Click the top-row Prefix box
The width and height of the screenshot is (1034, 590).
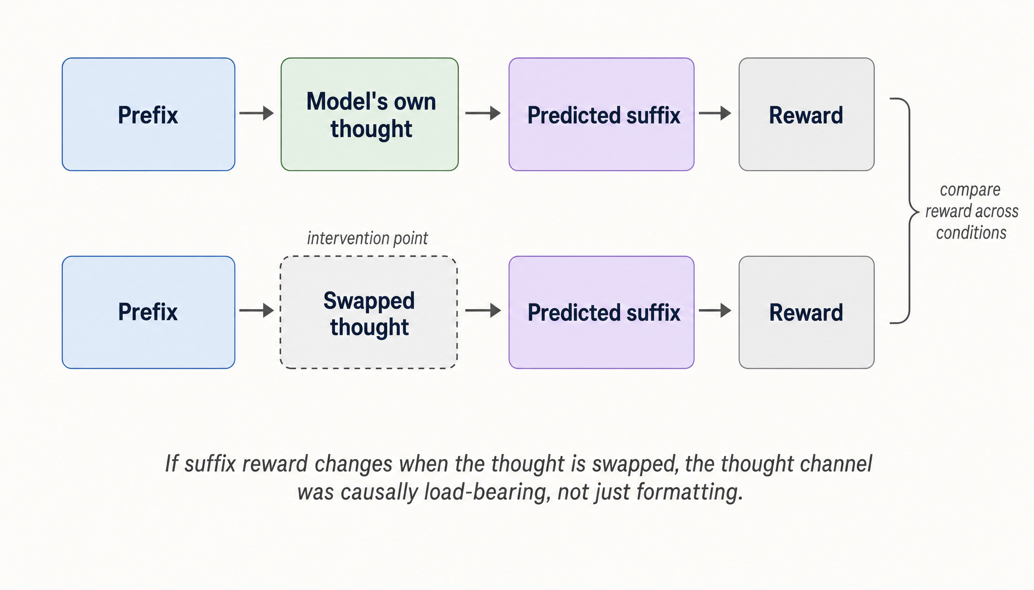tap(148, 114)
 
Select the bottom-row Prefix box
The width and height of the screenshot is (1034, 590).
tap(148, 312)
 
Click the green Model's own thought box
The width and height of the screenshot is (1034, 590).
tap(370, 114)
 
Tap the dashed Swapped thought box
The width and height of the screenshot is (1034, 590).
tap(369, 312)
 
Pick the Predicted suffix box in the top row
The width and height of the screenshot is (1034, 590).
tap(601, 114)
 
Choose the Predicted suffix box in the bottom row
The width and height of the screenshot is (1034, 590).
tap(601, 312)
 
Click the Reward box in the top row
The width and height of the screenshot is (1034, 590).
tap(806, 114)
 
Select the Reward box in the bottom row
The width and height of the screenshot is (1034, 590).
tap(806, 312)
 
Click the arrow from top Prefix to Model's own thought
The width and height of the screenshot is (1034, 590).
tap(256, 113)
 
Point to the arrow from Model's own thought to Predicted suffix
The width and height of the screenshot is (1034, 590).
tap(483, 113)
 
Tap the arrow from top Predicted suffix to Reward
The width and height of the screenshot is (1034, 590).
tap(715, 113)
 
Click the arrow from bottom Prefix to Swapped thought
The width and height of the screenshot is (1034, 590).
tap(256, 310)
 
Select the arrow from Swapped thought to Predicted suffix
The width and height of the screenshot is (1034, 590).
tap(483, 310)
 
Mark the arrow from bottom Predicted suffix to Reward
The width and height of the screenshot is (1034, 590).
tap(715, 310)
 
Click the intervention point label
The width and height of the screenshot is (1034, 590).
tap(367, 238)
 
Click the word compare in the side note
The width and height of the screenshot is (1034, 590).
tap(970, 190)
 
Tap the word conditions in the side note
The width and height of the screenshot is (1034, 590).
tap(971, 233)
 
